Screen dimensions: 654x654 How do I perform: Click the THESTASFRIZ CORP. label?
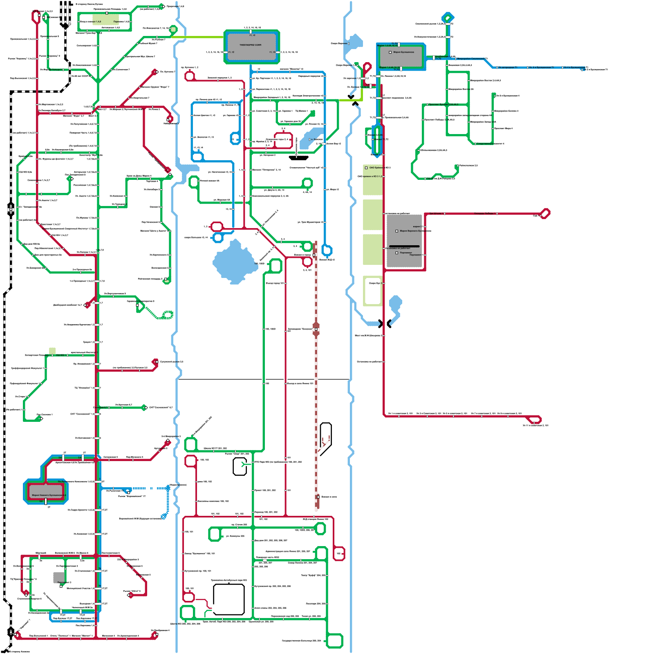click(251, 45)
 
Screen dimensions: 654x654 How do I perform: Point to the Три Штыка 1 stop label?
click(435, 213)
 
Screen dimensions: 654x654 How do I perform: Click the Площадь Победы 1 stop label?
click(484, 213)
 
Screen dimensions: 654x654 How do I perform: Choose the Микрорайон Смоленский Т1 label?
click(472, 59)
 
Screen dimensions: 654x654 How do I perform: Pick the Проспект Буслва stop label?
click(443, 105)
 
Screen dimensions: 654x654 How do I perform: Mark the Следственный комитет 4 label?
click(490, 144)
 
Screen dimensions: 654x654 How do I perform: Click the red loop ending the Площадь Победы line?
click(545, 213)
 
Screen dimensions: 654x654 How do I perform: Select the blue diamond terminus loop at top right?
click(448, 18)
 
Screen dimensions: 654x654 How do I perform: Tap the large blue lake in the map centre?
click(234, 262)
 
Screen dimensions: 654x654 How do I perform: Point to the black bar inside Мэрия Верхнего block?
click(404, 246)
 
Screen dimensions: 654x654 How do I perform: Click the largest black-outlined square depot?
click(229, 599)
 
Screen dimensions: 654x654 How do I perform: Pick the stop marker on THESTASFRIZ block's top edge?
click(251, 31)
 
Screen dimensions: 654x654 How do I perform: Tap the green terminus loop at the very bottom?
click(335, 641)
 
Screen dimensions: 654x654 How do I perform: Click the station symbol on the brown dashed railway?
click(316, 329)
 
